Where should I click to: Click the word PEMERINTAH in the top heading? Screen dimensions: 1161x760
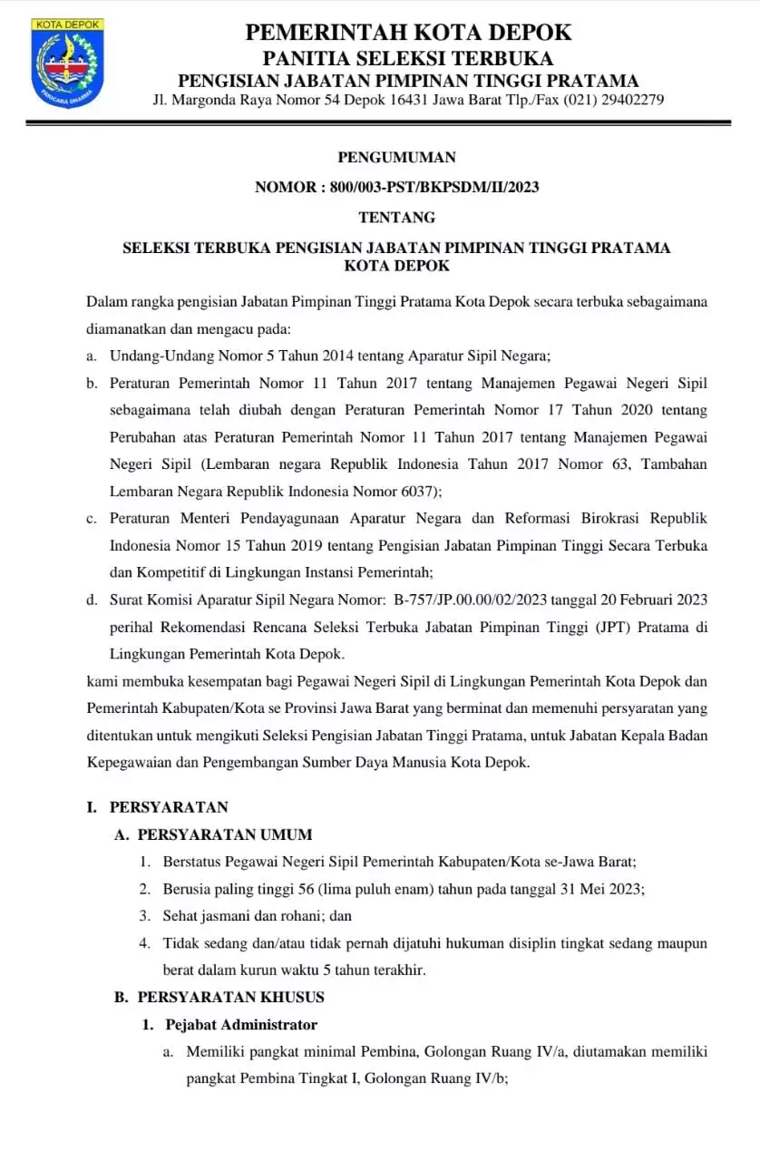pos(322,33)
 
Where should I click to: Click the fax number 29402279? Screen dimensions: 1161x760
pos(628,100)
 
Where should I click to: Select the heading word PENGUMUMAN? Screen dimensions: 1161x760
pos(396,157)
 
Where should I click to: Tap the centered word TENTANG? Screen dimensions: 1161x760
pos(396,217)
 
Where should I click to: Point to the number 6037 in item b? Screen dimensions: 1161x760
pos(418,491)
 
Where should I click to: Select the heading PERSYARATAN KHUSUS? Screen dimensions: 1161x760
pos(230,997)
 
